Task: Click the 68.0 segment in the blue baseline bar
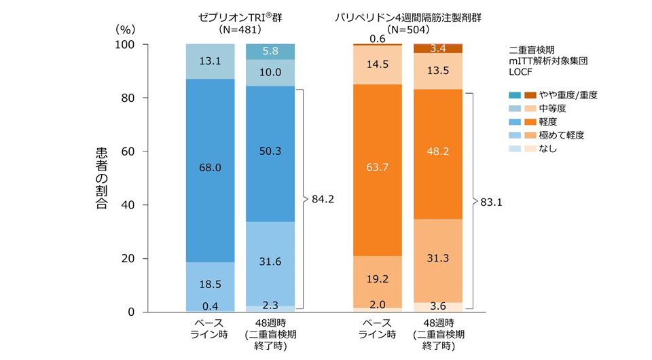point(210,166)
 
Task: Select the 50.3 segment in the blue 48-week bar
point(270,151)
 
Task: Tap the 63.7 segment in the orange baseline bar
point(377,167)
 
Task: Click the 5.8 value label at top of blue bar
point(270,51)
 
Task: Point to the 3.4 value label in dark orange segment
point(437,48)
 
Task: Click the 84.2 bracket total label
point(323,199)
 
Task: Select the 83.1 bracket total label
point(492,201)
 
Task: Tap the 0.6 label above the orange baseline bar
point(377,39)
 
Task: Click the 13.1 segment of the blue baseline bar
point(210,61)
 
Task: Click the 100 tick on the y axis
point(126,44)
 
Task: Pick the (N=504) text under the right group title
point(407,30)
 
